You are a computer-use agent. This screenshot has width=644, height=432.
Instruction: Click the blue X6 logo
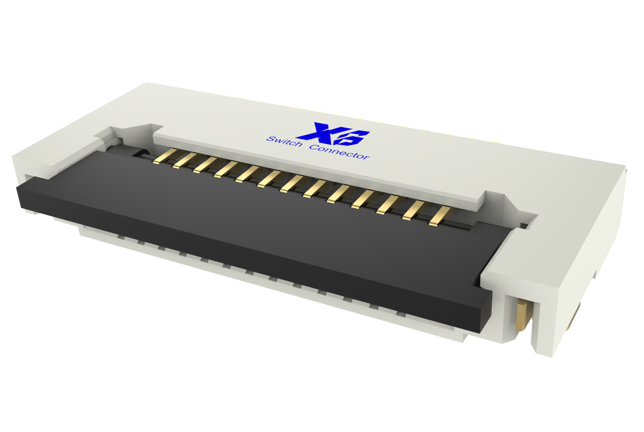[x=333, y=134]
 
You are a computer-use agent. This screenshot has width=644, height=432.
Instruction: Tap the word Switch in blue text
[x=284, y=141]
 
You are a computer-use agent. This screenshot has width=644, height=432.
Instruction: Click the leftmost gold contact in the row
[x=165, y=156]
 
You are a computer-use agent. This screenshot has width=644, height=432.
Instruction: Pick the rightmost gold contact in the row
[x=439, y=216]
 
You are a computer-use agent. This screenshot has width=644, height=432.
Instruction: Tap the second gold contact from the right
[x=413, y=210]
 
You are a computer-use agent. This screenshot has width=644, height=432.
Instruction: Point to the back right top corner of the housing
[x=625, y=166]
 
